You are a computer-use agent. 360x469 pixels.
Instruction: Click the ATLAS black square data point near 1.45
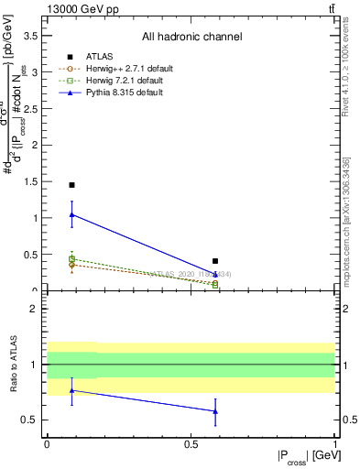click(71, 185)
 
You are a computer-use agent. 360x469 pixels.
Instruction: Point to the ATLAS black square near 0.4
click(215, 261)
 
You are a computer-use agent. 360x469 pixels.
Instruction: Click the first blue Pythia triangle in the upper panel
click(71, 214)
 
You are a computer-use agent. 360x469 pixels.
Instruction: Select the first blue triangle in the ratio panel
click(71, 390)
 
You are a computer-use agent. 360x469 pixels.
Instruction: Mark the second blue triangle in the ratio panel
click(215, 411)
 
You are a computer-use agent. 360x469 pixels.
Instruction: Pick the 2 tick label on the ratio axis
click(35, 310)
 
